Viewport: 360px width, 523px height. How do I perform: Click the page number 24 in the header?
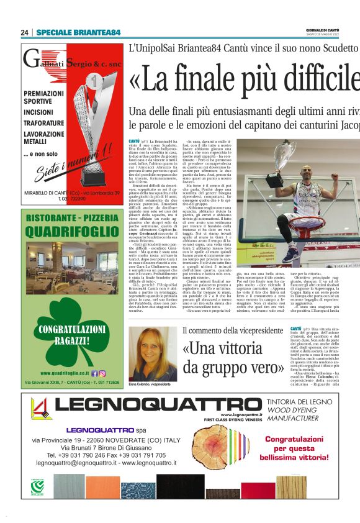click(x=25, y=32)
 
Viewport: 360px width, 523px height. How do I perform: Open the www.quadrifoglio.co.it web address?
click(x=63, y=373)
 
